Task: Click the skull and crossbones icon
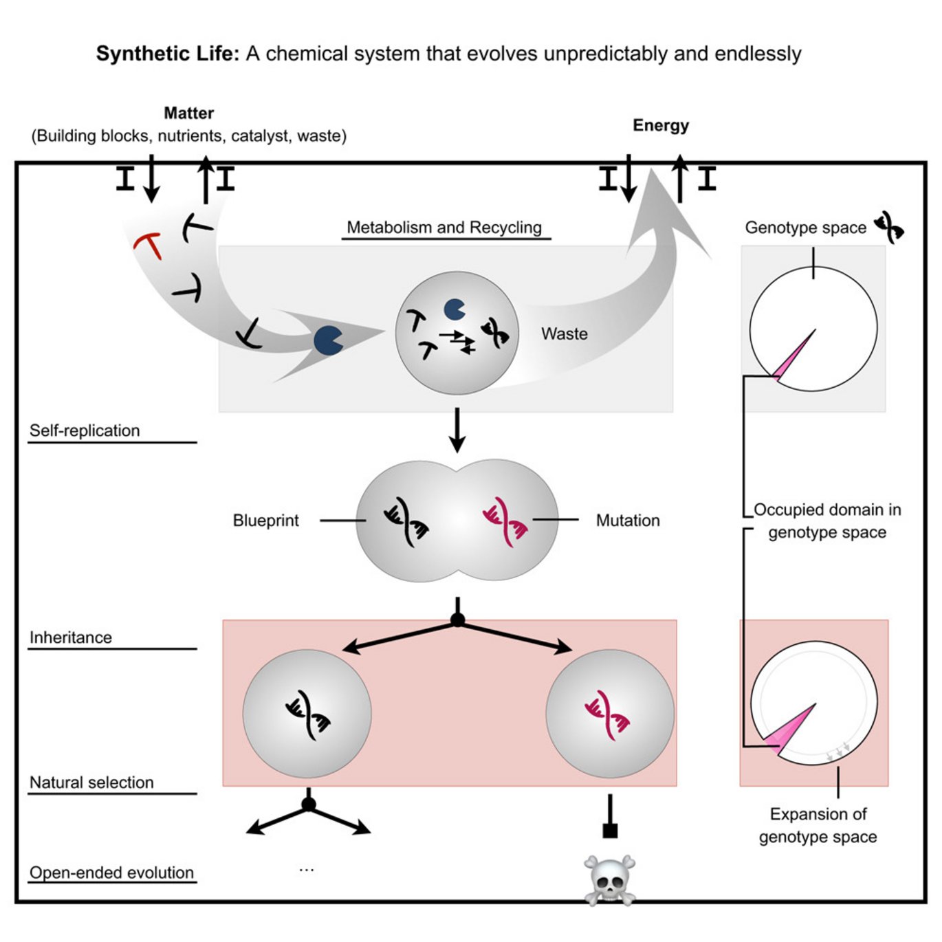[609, 879]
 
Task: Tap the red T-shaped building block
[149, 245]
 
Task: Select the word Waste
[564, 334]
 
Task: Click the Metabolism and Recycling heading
[444, 228]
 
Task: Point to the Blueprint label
[265, 521]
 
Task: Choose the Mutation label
[627, 521]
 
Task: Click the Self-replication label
[85, 431]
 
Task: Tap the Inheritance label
[70, 638]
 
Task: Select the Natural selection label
[91, 782]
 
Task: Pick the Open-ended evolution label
[111, 873]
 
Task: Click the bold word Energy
[660, 125]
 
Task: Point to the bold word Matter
[188, 113]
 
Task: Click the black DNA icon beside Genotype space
[889, 228]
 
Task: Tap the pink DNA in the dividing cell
[505, 522]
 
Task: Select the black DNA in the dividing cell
[406, 522]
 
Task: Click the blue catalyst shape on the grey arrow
[328, 340]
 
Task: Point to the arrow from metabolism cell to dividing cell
[457, 430]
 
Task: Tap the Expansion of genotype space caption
[818, 825]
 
